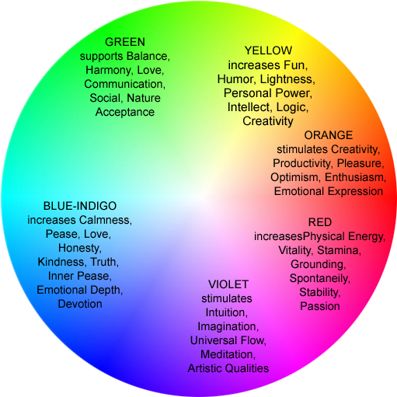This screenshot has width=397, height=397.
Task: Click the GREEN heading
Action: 124,42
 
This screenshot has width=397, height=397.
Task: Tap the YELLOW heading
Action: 267,50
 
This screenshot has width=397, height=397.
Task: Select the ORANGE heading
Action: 328,135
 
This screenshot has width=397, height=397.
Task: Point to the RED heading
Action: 319,222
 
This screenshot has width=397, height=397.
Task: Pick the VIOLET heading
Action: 228,284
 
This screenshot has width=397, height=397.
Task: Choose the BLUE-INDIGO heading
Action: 80,206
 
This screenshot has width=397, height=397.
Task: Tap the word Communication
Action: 124,84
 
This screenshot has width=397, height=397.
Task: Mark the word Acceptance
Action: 124,112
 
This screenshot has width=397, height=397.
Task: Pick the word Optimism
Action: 293,177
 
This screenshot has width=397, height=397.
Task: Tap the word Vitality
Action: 295,250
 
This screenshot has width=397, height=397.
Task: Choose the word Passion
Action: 319,306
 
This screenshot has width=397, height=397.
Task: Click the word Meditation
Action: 228,354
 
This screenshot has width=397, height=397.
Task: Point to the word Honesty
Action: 80,248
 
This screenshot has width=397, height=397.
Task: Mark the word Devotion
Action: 80,304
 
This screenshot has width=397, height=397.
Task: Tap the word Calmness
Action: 106,220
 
